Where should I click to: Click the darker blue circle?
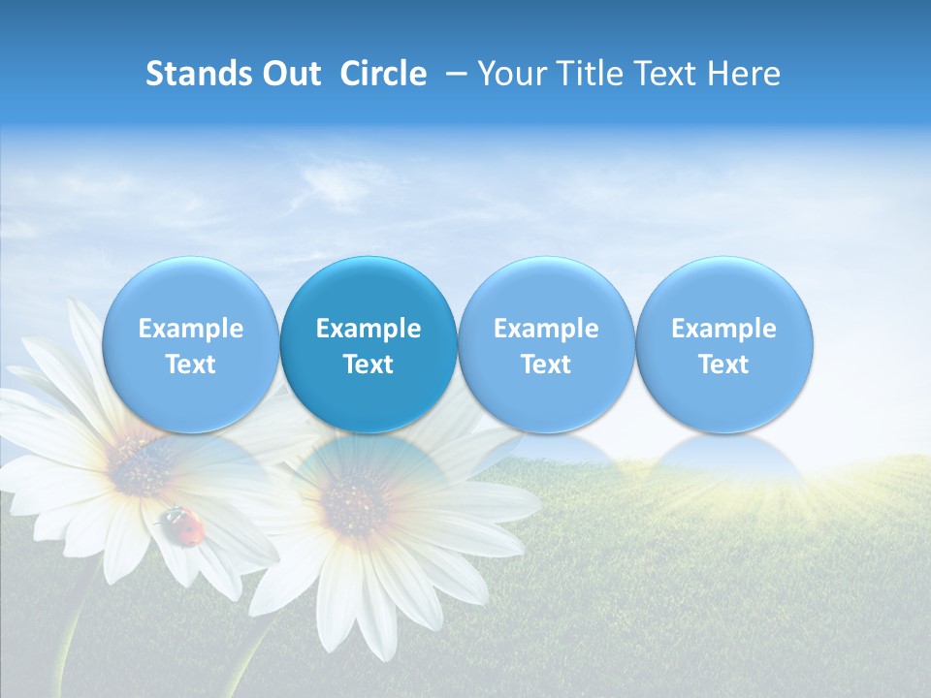[x=369, y=344]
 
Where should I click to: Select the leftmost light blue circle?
[x=191, y=344]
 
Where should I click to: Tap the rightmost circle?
[x=723, y=344]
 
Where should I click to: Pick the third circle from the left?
[x=546, y=344]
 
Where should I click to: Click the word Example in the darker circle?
[x=369, y=329]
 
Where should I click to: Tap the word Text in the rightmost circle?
[x=723, y=365]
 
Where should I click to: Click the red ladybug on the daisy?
[x=184, y=524]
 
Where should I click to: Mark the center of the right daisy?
[x=354, y=504]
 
